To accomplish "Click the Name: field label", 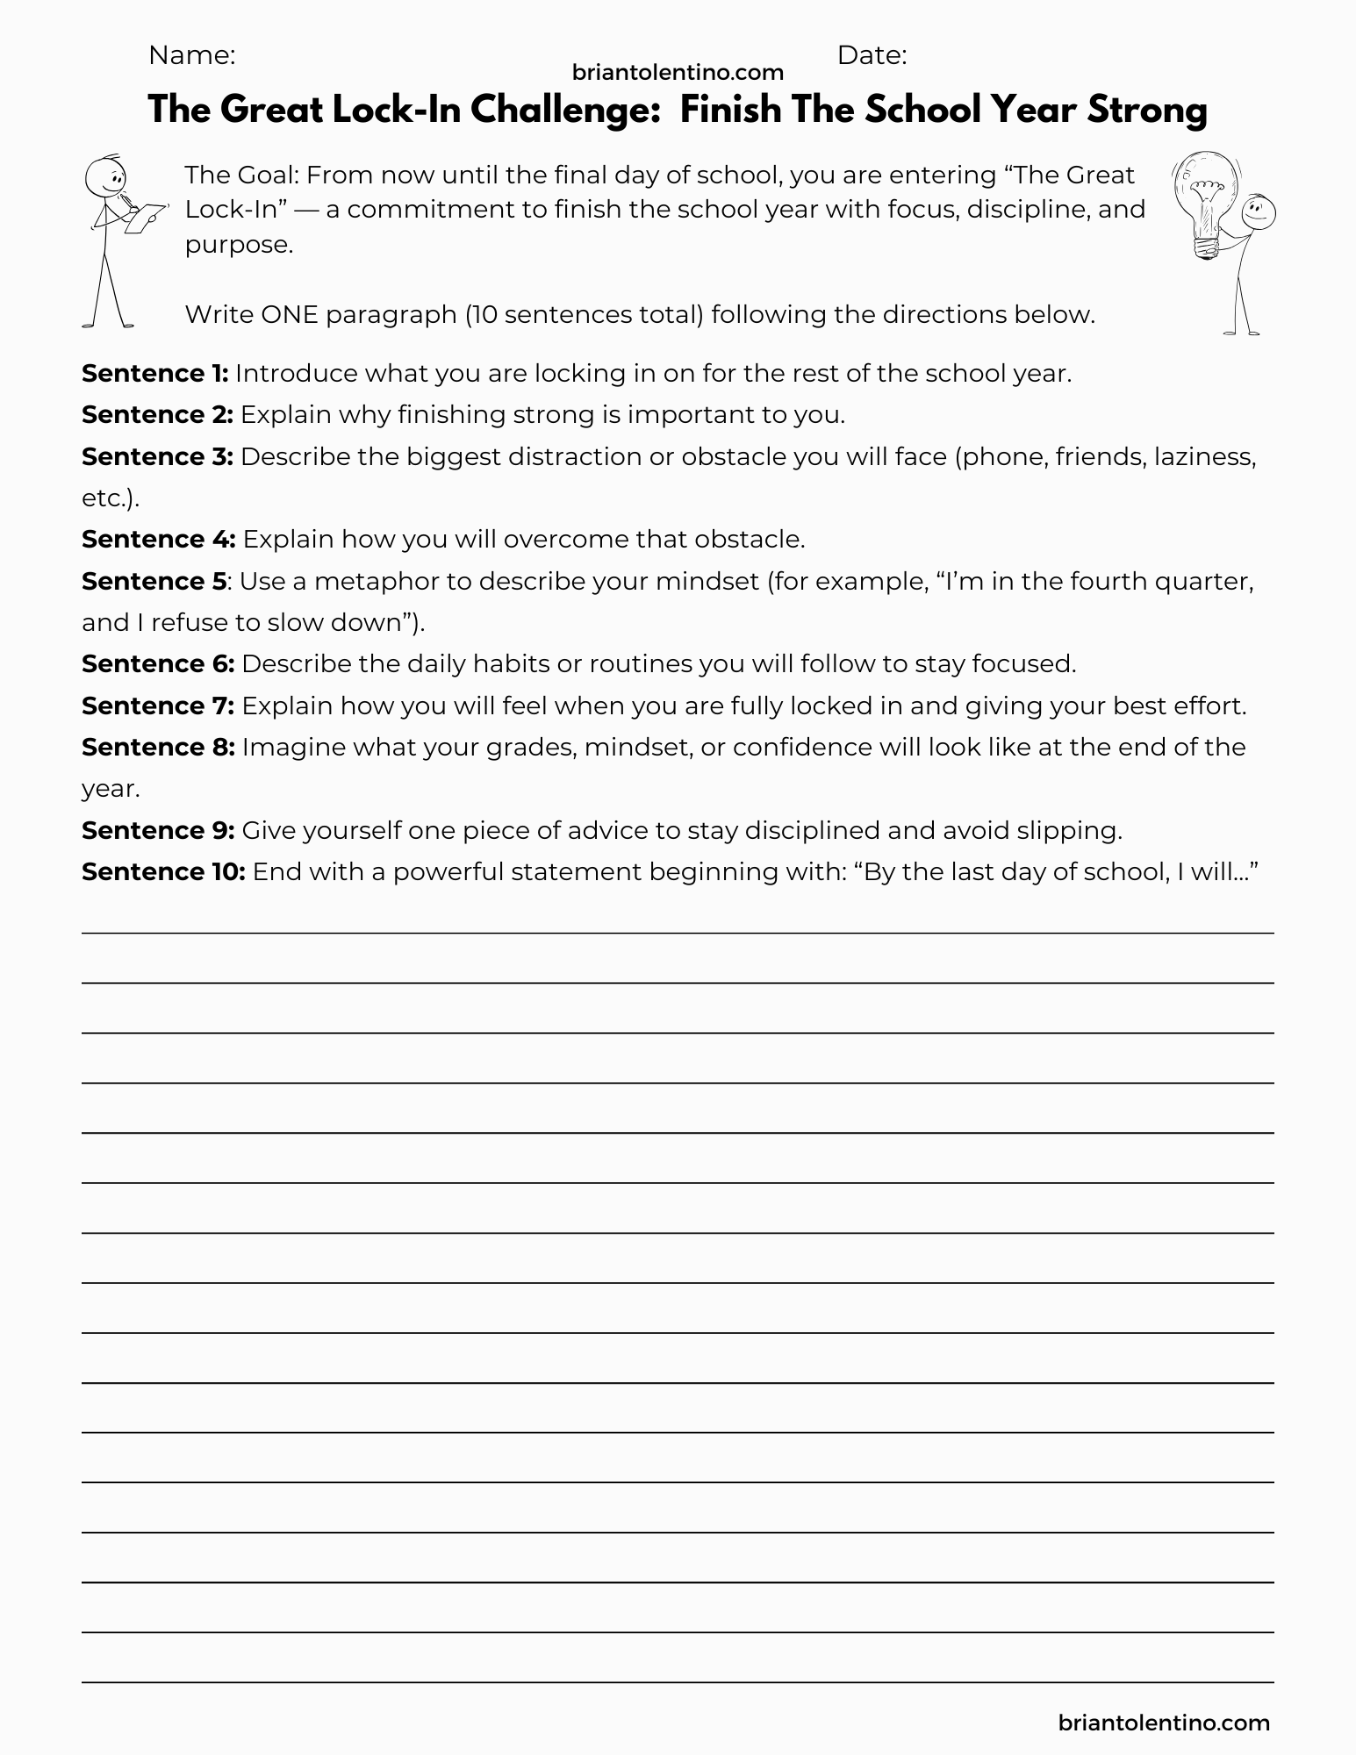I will [191, 55].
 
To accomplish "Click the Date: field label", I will [872, 55].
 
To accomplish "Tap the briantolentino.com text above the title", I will [678, 72].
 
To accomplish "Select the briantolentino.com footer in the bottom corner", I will [1165, 1723].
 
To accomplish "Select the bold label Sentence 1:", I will [154, 374].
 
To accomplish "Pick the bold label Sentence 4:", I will [158, 539].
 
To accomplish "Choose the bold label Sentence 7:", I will [157, 706].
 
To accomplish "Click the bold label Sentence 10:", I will [163, 871].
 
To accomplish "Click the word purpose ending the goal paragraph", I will [237, 245].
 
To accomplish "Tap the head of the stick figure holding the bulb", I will [1259, 211].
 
